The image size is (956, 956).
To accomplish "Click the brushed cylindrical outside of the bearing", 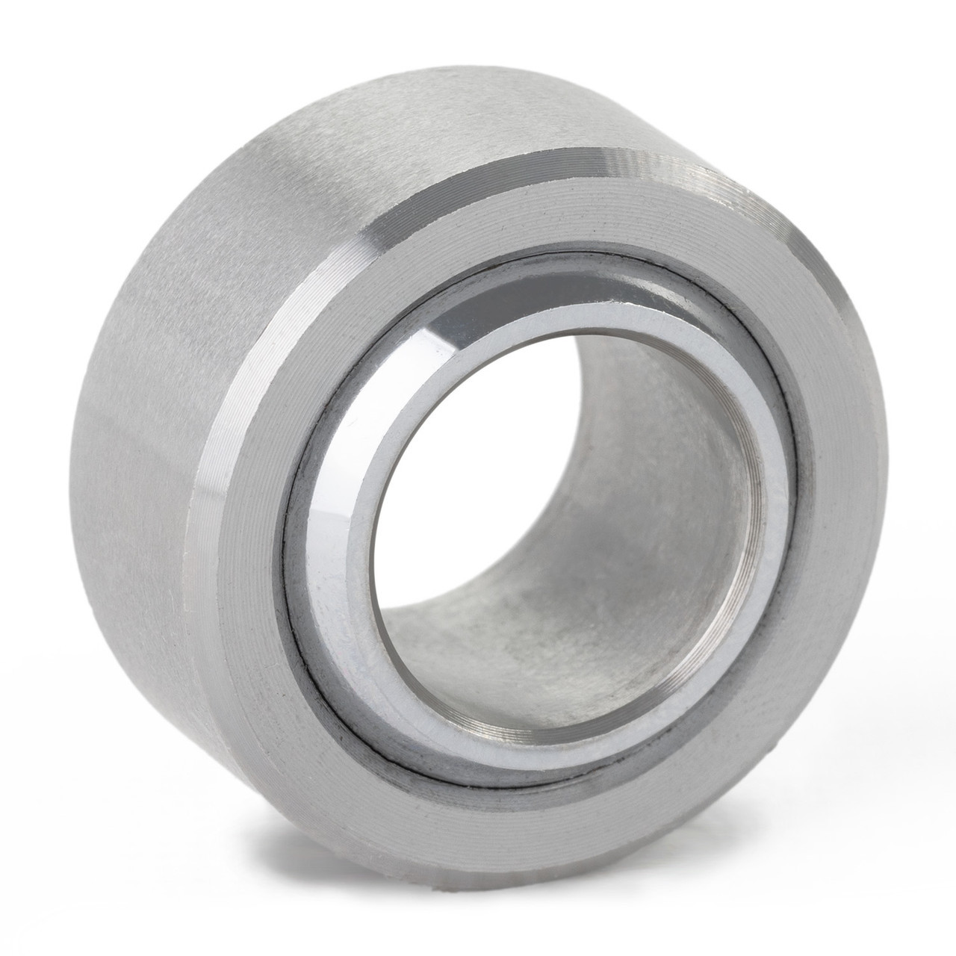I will pyautogui.click(x=187, y=261).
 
